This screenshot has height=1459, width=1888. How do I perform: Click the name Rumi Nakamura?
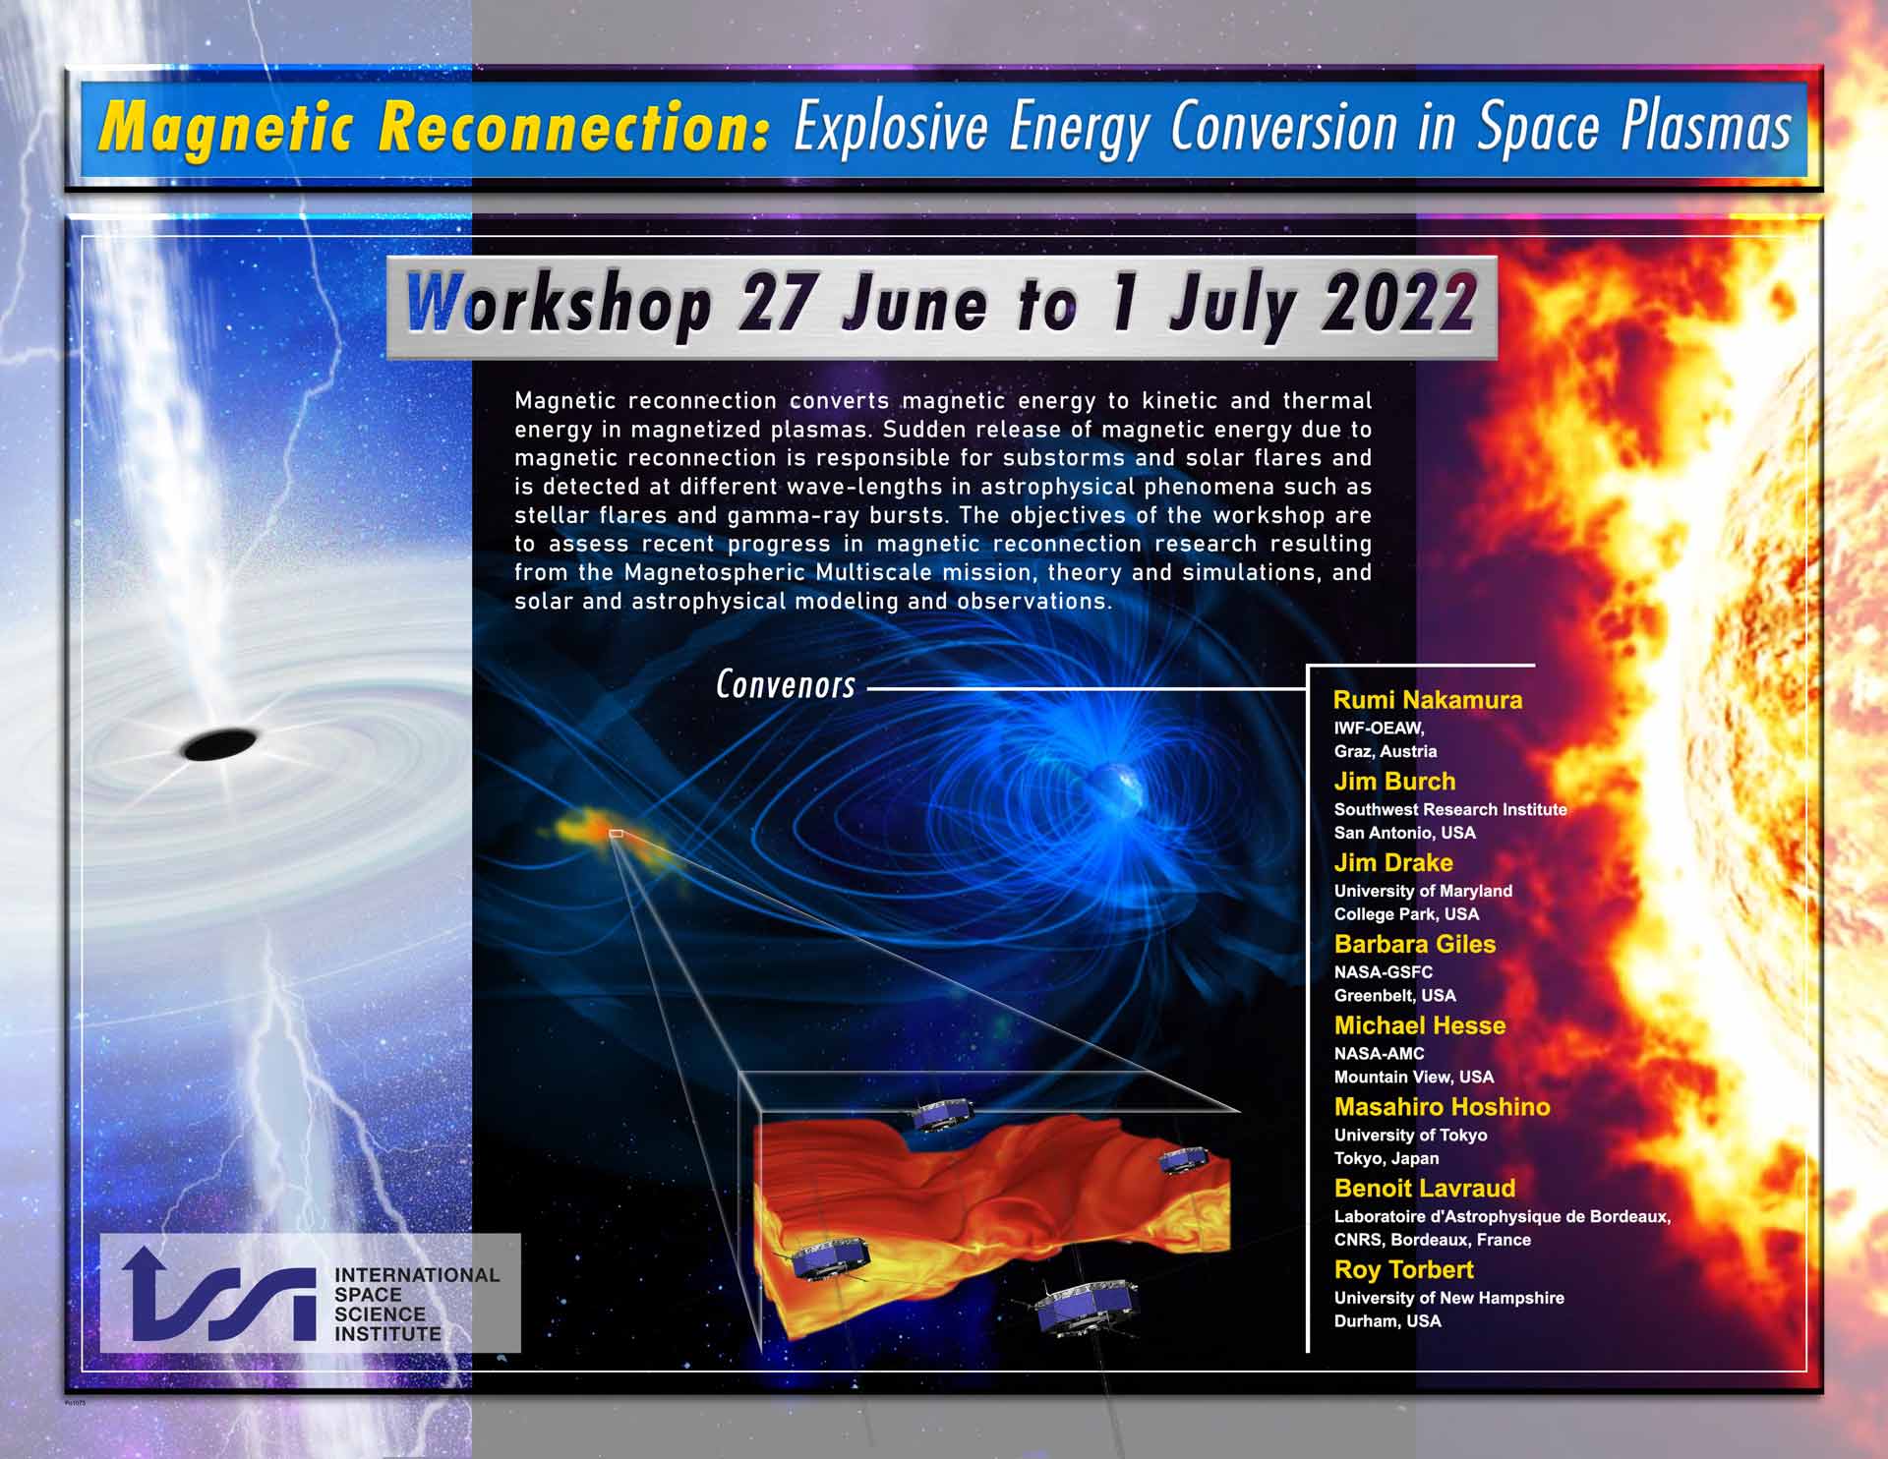(x=1428, y=700)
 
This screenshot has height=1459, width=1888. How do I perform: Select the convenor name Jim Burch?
(x=1394, y=782)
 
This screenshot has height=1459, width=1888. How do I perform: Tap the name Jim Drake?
(x=1393, y=863)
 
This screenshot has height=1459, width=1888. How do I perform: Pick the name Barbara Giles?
(x=1415, y=944)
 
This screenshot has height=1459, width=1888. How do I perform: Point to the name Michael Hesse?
(x=1420, y=1025)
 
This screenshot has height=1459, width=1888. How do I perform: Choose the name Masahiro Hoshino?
(x=1443, y=1107)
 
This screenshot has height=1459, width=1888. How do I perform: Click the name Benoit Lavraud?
(x=1425, y=1188)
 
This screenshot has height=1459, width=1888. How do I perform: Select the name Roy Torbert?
(x=1404, y=1269)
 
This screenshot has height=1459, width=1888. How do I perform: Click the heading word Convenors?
(x=786, y=684)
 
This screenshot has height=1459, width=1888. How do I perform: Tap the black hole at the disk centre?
(x=219, y=744)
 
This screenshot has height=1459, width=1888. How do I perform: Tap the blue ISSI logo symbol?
(x=218, y=1294)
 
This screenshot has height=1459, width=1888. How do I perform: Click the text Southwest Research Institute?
(x=1450, y=809)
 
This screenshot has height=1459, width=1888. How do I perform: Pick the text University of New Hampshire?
(x=1448, y=1298)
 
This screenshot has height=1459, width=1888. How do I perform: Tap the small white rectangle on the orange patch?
(x=616, y=834)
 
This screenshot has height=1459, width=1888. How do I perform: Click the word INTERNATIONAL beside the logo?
(x=417, y=1275)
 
